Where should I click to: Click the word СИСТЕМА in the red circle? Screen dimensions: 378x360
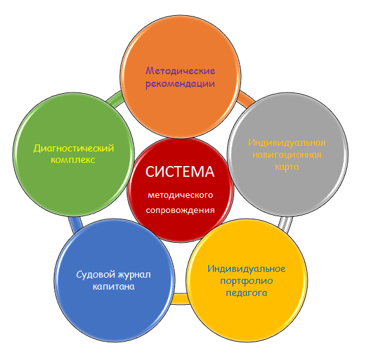click(x=180, y=172)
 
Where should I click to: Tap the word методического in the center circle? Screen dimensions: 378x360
click(x=180, y=195)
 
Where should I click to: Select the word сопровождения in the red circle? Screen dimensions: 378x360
click(x=180, y=210)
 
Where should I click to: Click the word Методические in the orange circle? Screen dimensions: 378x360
click(x=180, y=71)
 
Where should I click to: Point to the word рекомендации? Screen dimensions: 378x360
click(x=180, y=84)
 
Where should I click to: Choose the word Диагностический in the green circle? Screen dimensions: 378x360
click(x=74, y=148)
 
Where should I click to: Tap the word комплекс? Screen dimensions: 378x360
click(x=73, y=160)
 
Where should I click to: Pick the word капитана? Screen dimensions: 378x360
click(x=114, y=286)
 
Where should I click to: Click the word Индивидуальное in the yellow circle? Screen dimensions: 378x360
click(x=247, y=269)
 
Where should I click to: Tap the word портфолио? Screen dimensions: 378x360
click(x=246, y=281)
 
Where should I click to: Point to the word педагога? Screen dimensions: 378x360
click(x=247, y=293)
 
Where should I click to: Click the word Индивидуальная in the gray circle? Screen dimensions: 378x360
click(x=287, y=143)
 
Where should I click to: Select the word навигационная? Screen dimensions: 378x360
click(x=287, y=155)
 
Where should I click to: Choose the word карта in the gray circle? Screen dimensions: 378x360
click(x=287, y=167)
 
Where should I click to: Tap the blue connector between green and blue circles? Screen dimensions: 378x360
click(x=75, y=225)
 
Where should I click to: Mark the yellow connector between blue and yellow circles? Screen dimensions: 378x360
click(x=180, y=299)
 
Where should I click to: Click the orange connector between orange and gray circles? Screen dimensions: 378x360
click(x=246, y=99)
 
